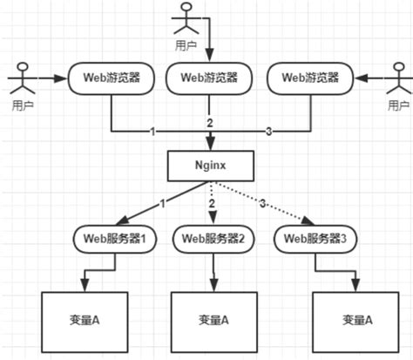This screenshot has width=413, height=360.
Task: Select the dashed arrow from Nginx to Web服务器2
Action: (x=212, y=202)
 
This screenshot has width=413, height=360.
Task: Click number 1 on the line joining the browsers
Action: (x=152, y=132)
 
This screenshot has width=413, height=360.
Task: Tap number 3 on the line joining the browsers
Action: (x=267, y=132)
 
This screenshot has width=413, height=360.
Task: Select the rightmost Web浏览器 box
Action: (x=311, y=78)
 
